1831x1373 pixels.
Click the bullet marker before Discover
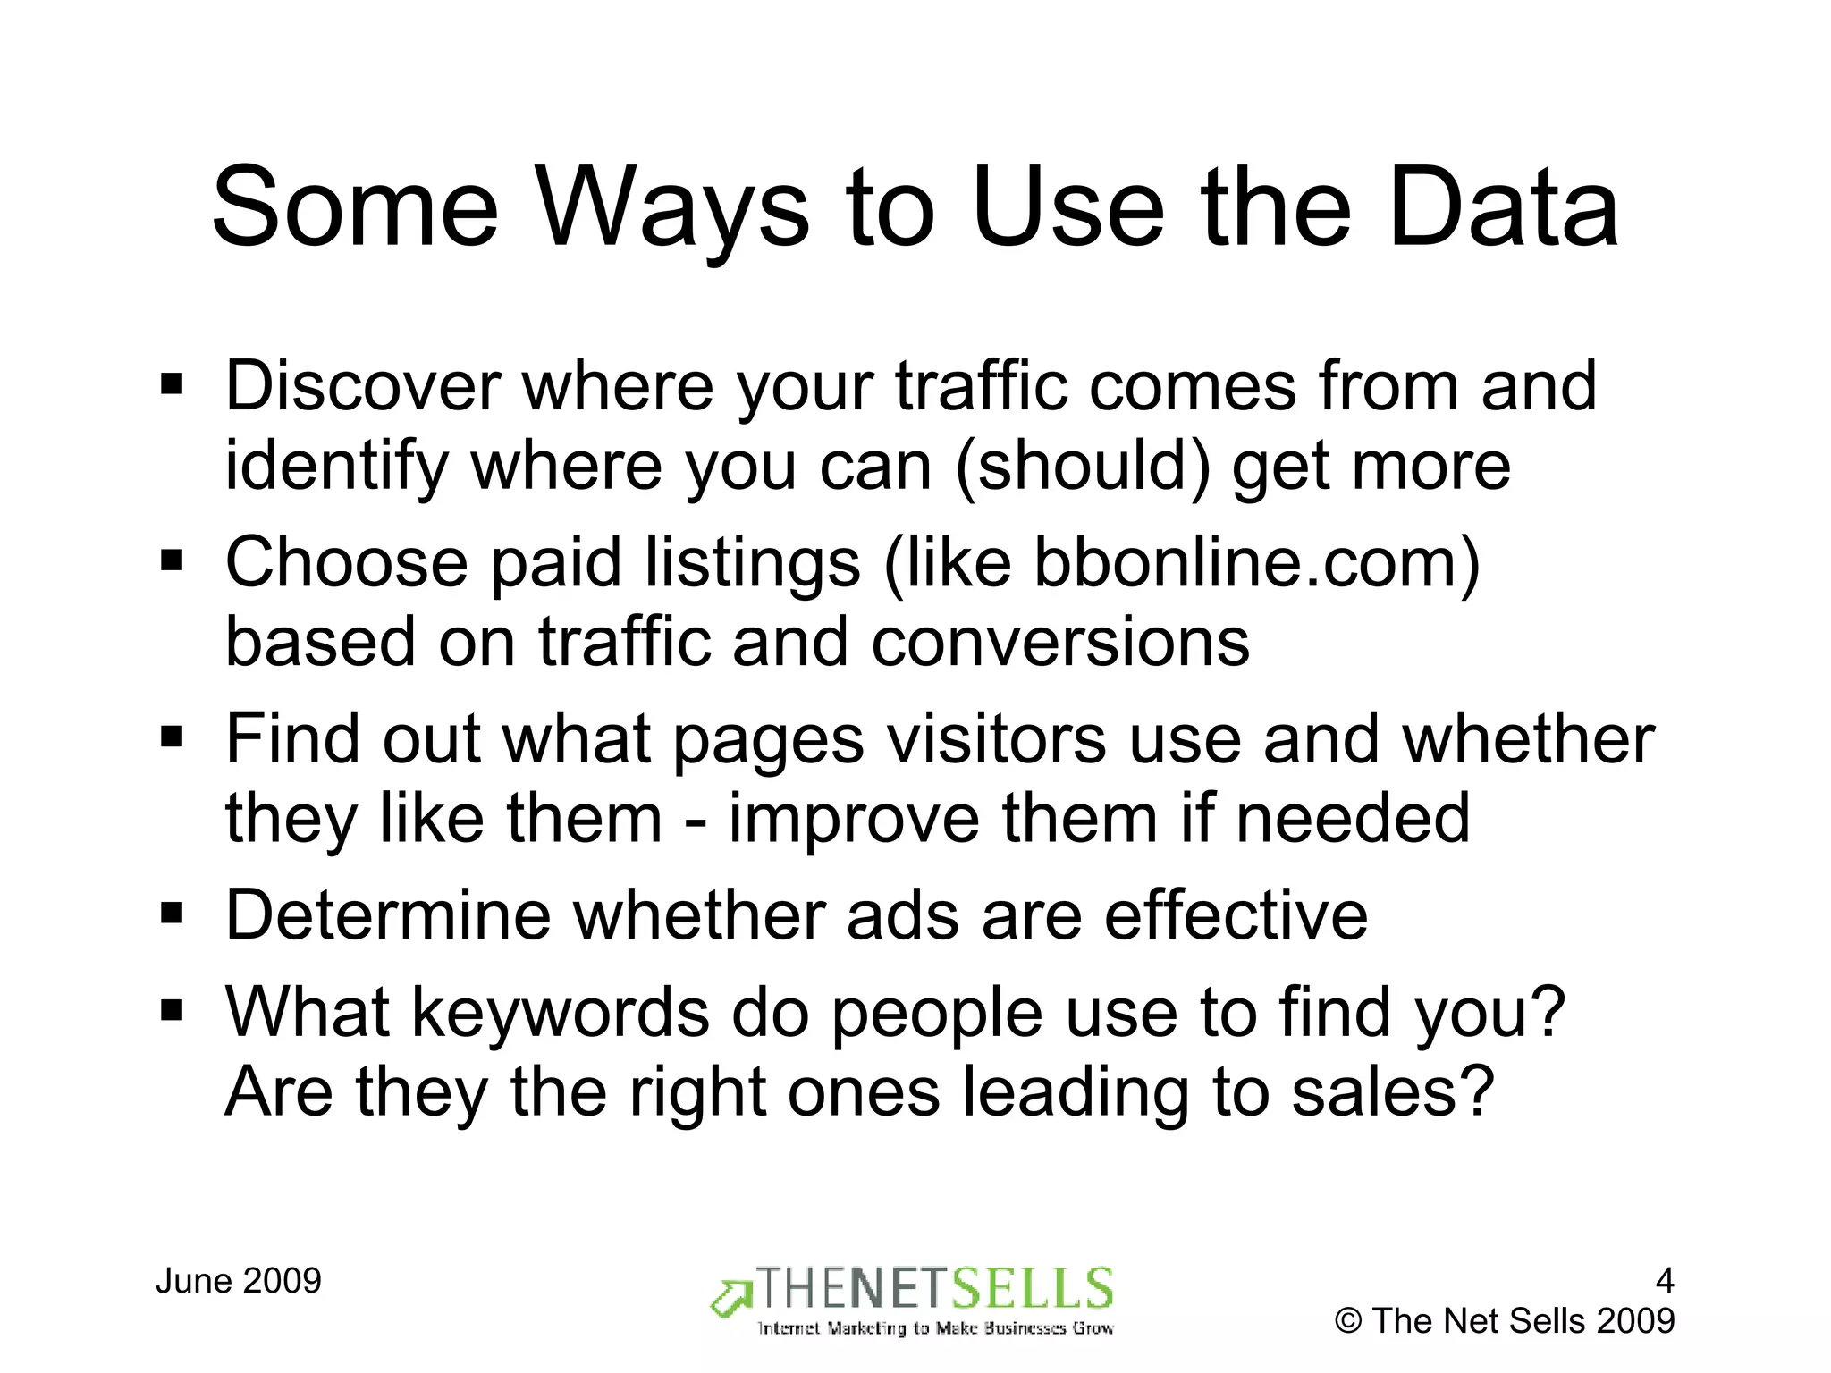coord(172,385)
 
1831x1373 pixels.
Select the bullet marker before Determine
coord(172,914)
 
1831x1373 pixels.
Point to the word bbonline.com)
coord(1257,564)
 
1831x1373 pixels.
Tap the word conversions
coord(1060,642)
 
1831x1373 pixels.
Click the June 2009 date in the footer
coord(239,1281)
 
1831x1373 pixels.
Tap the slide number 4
coord(1664,1281)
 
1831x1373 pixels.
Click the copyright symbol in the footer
coord(1348,1321)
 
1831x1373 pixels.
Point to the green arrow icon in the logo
coord(731,1298)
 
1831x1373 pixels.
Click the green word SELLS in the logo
coord(1031,1289)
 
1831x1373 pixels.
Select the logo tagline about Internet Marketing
coord(935,1328)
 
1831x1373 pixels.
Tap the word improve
coord(854,818)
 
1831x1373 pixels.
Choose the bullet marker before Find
coord(172,738)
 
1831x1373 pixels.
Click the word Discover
coord(362,386)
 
